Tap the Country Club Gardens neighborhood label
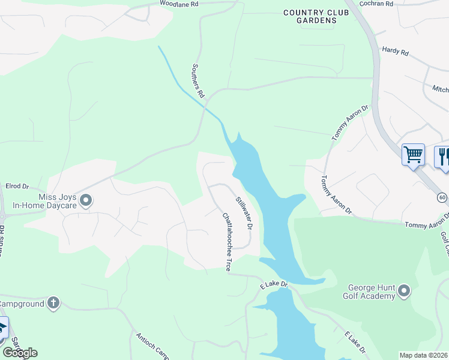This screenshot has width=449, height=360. (x=309, y=16)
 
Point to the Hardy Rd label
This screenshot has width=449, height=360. (x=395, y=52)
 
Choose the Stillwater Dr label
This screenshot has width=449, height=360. (x=243, y=213)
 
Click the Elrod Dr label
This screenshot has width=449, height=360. (x=17, y=187)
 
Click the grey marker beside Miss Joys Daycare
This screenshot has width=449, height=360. (x=86, y=200)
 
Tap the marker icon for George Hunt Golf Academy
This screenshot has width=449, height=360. (x=404, y=292)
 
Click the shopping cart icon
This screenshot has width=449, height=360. (x=413, y=155)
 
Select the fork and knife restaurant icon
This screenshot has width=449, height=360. (x=442, y=156)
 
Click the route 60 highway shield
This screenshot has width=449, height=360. (x=442, y=197)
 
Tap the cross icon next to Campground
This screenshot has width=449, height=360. (x=53, y=302)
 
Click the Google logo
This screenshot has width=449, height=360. (x=19, y=353)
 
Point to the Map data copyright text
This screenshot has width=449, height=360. (x=424, y=355)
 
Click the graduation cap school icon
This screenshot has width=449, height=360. (x=3, y=328)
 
